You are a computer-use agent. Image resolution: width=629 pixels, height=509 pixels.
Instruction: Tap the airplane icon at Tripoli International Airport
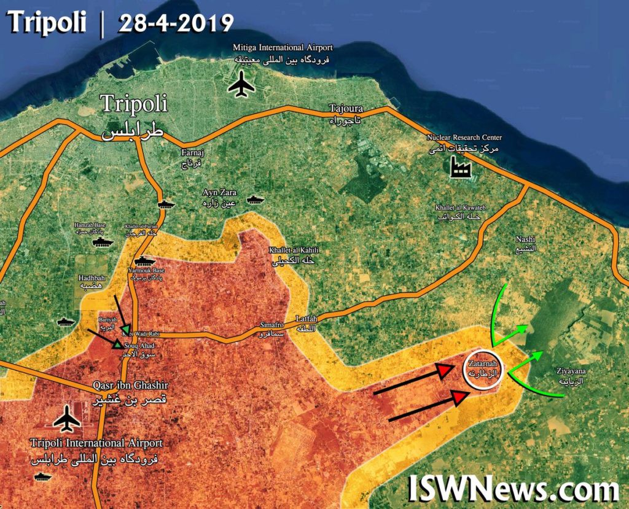point(66,421)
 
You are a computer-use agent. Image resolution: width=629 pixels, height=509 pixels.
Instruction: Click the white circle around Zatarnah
point(483,369)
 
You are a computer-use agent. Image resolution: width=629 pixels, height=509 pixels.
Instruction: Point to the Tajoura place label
point(346,113)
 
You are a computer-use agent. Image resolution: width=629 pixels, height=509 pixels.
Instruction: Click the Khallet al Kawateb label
point(457,212)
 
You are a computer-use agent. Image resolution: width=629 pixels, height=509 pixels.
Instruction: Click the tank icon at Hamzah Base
point(103,243)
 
